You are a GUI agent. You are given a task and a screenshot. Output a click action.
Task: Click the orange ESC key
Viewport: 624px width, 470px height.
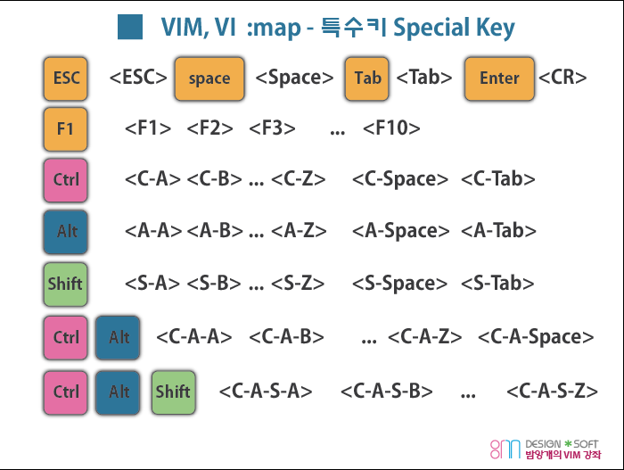point(66,78)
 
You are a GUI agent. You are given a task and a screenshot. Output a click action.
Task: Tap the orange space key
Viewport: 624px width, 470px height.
point(209,78)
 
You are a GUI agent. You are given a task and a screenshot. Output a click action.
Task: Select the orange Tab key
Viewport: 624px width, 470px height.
point(367,78)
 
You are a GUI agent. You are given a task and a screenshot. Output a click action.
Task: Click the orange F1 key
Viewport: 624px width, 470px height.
point(66,128)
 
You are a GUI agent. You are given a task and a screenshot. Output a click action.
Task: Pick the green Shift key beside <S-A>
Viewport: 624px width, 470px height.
point(65,284)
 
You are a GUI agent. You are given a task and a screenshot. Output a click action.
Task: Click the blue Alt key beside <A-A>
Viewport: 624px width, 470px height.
point(66,231)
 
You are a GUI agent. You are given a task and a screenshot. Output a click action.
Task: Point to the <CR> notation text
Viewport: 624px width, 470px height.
point(562,78)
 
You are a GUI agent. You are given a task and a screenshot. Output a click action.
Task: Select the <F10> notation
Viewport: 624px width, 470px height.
point(391,128)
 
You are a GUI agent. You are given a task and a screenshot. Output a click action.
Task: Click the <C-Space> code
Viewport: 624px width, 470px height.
point(400,179)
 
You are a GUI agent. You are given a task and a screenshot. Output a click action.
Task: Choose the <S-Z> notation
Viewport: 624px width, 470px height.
point(298,284)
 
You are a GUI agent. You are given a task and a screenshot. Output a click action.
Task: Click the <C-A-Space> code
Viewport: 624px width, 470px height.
point(536,337)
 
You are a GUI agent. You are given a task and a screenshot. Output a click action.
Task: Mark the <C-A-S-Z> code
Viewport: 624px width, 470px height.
point(552,391)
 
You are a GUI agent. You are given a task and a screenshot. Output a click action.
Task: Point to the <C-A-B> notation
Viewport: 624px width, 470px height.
point(286,337)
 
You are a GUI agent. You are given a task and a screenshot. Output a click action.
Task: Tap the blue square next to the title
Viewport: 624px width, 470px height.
point(131,27)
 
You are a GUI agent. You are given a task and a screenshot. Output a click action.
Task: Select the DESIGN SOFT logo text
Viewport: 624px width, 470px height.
point(562,442)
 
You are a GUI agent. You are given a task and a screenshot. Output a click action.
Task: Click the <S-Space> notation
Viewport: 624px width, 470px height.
point(400,284)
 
